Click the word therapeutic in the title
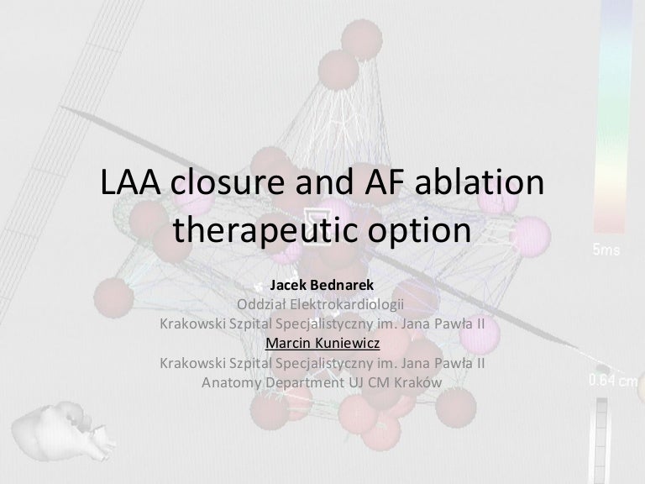coord(266,229)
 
